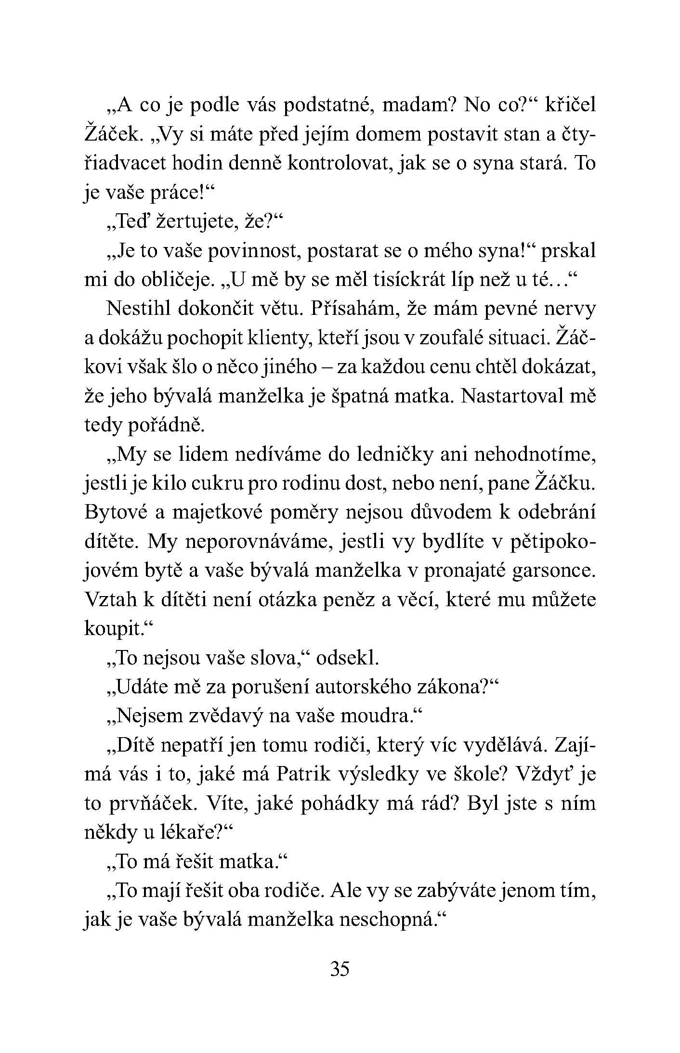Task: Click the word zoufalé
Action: [450, 339]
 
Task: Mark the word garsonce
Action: [553, 572]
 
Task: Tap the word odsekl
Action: [347, 659]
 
